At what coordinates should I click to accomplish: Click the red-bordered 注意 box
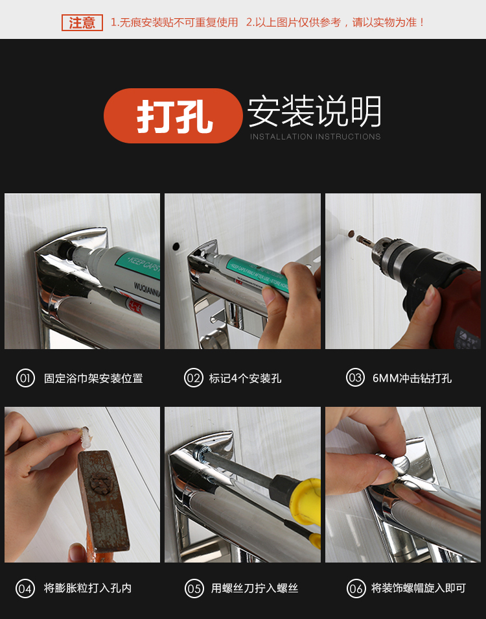click(x=82, y=23)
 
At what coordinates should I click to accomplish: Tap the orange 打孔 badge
click(x=173, y=115)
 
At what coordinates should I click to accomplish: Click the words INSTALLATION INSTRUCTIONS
click(x=316, y=137)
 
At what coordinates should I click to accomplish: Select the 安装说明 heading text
click(x=314, y=112)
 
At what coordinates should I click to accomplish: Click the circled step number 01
click(x=25, y=378)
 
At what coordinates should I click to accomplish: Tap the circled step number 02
click(x=194, y=378)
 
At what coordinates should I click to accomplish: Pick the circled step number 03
click(x=355, y=378)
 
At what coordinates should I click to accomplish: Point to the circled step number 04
click(x=25, y=589)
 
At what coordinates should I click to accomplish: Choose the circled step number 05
click(x=194, y=589)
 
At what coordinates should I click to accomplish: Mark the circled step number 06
click(x=356, y=589)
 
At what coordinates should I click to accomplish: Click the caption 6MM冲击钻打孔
click(x=412, y=378)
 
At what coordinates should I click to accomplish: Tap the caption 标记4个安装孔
click(x=245, y=378)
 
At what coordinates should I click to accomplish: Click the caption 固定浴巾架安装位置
click(x=93, y=378)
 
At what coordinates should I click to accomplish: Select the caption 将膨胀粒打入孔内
click(x=88, y=589)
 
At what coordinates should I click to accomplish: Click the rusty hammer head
click(x=104, y=500)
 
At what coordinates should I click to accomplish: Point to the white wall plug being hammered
click(x=87, y=437)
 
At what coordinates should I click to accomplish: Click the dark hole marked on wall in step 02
click(x=176, y=247)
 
